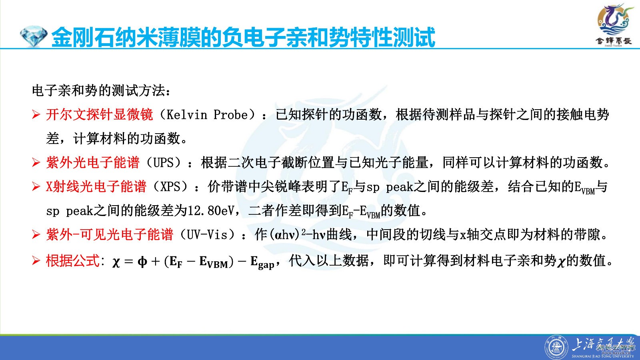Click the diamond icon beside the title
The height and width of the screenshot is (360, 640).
click(x=34, y=36)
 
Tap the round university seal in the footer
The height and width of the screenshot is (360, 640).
click(x=556, y=348)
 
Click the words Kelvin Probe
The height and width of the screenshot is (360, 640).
click(x=207, y=115)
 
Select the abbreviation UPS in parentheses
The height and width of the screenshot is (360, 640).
click(x=164, y=162)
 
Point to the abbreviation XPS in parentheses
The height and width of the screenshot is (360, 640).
click(x=170, y=186)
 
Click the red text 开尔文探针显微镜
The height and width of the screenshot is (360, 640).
click(x=100, y=114)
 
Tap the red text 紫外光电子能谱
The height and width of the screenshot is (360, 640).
click(x=93, y=162)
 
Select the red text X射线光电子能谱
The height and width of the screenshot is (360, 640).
click(x=96, y=186)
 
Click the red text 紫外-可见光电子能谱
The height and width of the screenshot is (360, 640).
click(x=110, y=235)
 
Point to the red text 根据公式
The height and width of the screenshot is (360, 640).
click(x=72, y=260)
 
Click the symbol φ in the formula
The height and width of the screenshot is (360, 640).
click(x=142, y=262)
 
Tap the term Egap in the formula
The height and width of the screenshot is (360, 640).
click(x=262, y=262)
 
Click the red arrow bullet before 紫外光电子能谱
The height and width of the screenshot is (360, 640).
click(x=36, y=163)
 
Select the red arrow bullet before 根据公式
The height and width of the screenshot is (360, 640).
click(x=36, y=261)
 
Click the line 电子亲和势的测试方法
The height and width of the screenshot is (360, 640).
click(x=101, y=91)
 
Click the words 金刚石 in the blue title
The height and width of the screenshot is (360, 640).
click(x=83, y=37)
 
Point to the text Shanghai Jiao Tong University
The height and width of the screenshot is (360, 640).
click(x=602, y=356)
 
